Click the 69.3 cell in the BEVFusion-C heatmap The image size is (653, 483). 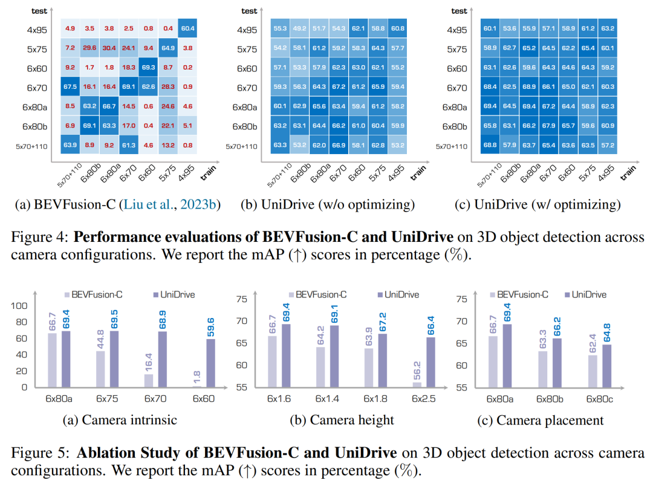point(148,68)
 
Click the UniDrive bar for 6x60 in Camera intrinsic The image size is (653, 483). point(210,363)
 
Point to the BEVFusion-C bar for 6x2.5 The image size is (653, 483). point(417,384)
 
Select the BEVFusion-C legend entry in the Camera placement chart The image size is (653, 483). point(520,294)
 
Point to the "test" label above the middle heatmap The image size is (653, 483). point(249,11)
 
